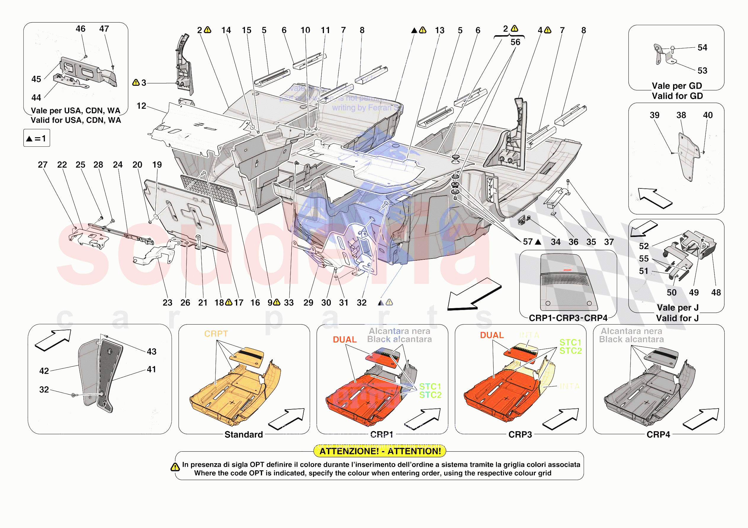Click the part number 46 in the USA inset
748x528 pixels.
pos(81,29)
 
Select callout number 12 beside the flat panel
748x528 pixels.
pos(141,106)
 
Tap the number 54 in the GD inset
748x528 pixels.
pos(702,48)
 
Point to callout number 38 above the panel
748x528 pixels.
pos(681,115)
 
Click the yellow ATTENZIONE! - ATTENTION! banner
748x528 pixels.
pos(380,451)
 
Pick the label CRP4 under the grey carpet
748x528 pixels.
pos(658,435)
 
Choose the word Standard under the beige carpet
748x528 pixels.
pos(243,435)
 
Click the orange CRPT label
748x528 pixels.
pos(216,334)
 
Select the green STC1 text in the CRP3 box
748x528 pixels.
pos(570,342)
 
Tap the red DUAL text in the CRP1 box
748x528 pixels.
pos(344,340)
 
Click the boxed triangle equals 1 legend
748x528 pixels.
pos(36,138)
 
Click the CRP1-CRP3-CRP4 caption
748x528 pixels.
pos(568,318)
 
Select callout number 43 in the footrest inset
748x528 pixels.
pos(152,352)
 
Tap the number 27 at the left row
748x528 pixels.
pos(43,165)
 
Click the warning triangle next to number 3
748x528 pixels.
pos(136,83)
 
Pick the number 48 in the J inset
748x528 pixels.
pos(716,293)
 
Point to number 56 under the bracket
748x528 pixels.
pos(515,42)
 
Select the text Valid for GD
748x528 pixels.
pos(677,96)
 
